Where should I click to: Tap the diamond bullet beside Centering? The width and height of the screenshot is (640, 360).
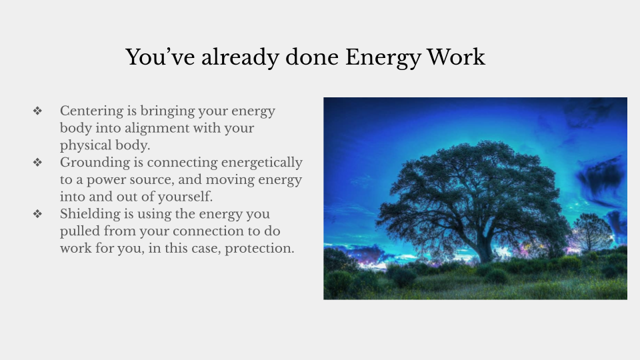click(x=37, y=111)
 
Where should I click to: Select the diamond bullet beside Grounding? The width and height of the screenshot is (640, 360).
click(x=37, y=163)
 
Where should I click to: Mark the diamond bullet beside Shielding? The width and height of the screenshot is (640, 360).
click(x=37, y=215)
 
